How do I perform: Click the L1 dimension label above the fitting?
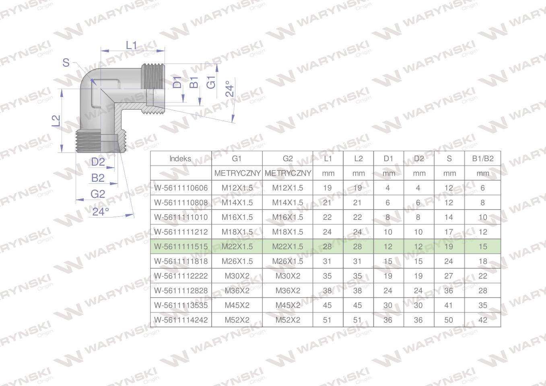pyautogui.click(x=131, y=45)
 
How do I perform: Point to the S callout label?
pyautogui.click(x=66, y=63)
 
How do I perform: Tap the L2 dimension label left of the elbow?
pyautogui.click(x=56, y=121)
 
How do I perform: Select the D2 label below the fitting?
pyautogui.click(x=98, y=162)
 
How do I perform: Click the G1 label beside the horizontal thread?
pyautogui.click(x=211, y=82)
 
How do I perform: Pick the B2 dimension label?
pyautogui.click(x=98, y=178)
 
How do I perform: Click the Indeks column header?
pyautogui.click(x=180, y=158)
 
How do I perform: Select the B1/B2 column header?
pyautogui.click(x=482, y=158)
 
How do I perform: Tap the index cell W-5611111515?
pyautogui.click(x=181, y=246)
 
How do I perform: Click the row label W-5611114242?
pyautogui.click(x=181, y=320)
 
